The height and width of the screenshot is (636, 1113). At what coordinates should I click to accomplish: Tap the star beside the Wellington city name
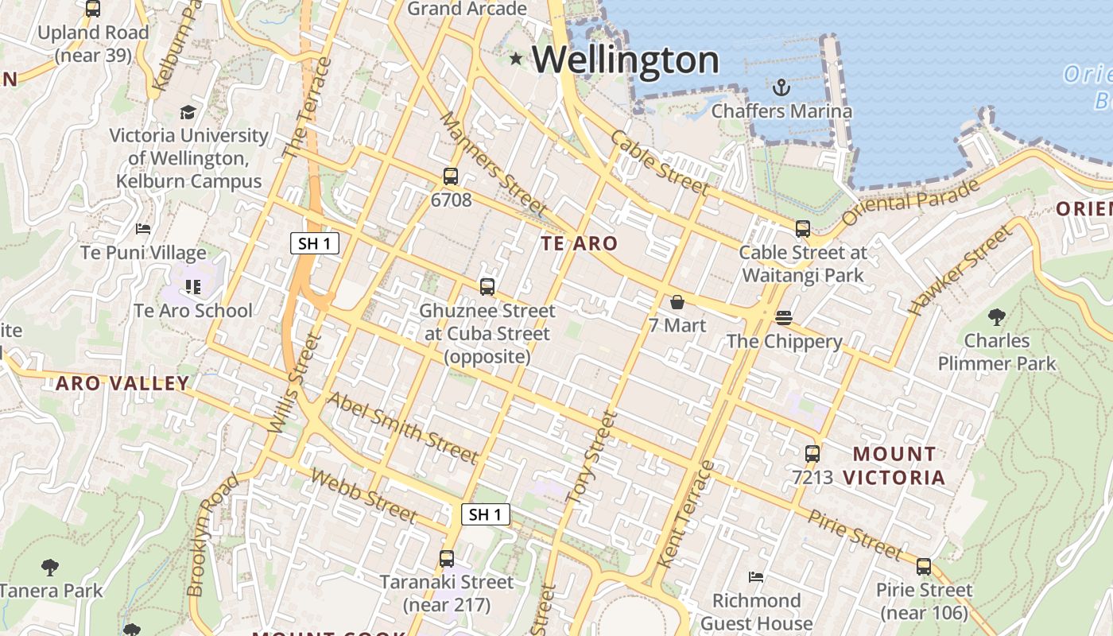tap(516, 58)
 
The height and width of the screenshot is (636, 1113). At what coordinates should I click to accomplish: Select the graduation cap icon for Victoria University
tap(188, 112)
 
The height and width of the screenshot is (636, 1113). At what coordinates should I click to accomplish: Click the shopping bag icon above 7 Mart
tap(677, 302)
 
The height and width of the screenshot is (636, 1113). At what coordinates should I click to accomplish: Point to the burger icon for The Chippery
tap(784, 318)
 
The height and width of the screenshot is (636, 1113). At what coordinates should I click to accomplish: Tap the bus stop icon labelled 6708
tap(451, 176)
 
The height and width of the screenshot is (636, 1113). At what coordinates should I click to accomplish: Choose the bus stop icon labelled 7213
tap(812, 454)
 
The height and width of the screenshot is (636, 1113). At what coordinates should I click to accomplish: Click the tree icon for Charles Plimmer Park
tap(996, 318)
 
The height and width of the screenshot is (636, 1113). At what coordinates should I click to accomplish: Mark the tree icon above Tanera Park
tap(50, 568)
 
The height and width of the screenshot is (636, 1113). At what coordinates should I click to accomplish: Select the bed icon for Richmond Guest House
tap(756, 576)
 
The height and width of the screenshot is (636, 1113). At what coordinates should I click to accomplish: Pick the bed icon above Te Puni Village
tap(143, 229)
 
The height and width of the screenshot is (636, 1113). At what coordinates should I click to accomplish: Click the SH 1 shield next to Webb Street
tap(485, 514)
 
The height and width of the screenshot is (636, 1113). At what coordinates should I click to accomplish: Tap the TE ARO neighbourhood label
tap(579, 244)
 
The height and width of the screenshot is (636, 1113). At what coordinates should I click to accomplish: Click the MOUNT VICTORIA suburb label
tap(894, 466)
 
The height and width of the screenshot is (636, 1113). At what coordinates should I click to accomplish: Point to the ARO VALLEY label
tap(122, 384)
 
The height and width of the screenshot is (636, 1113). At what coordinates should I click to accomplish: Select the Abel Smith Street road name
tap(403, 428)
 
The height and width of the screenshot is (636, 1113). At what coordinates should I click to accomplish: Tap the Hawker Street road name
tap(962, 271)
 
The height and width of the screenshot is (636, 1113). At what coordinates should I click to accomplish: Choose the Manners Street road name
tap(493, 163)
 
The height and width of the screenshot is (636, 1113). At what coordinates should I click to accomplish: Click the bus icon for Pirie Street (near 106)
tap(923, 567)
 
